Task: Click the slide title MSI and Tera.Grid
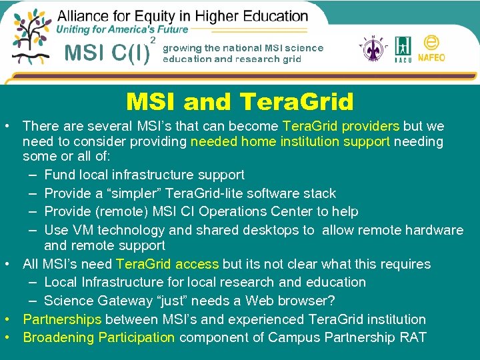[x=240, y=102]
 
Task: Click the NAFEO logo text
[x=431, y=57]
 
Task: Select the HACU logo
[x=403, y=50]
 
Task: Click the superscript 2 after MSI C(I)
[x=153, y=41]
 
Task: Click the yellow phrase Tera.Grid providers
[x=341, y=126]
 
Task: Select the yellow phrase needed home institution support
[x=290, y=141]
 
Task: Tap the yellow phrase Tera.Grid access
[x=167, y=264]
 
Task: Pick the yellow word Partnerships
[x=62, y=319]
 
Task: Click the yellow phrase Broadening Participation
[x=99, y=337]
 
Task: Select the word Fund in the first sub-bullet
[x=59, y=175]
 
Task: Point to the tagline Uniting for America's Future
[x=122, y=29]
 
